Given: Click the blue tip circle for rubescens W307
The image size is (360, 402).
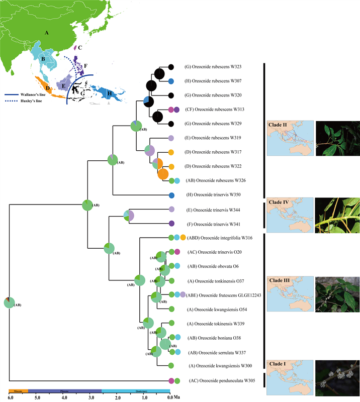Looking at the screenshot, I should point(171,81).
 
